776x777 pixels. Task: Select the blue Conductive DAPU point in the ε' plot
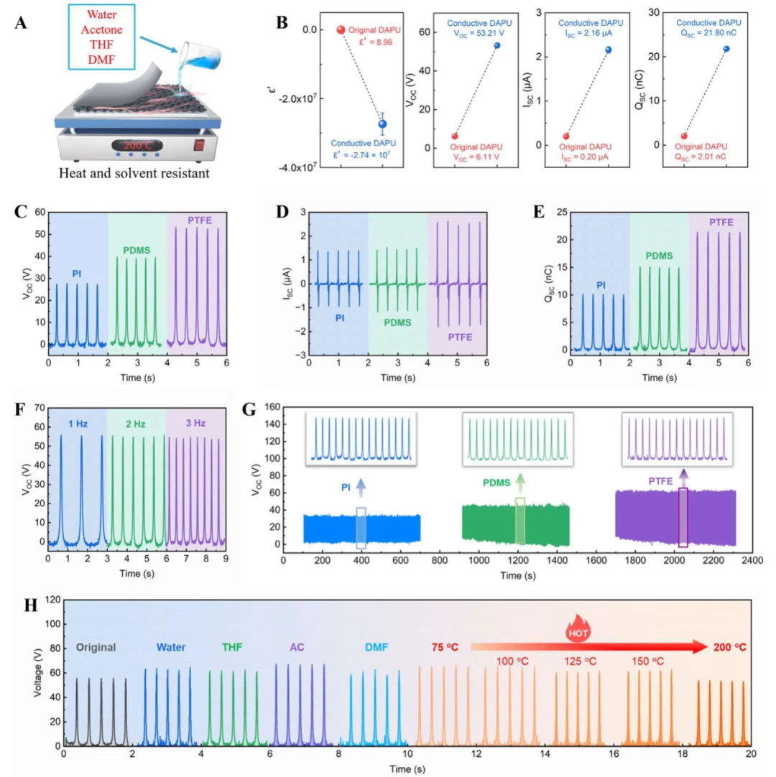coord(383,124)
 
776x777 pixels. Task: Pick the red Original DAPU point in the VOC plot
coord(455,136)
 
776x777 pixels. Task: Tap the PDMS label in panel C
coord(137,251)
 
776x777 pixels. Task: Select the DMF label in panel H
coord(376,647)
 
